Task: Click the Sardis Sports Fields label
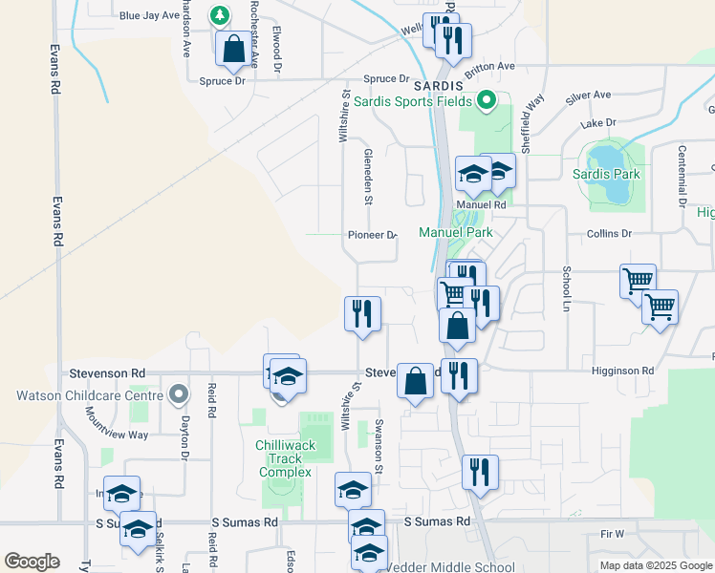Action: point(413,101)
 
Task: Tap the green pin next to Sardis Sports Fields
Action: point(487,99)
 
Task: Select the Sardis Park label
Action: point(606,174)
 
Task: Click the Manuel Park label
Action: point(455,232)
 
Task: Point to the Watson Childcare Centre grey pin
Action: point(178,393)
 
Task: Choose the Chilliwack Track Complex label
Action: point(283,458)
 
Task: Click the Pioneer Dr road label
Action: point(372,235)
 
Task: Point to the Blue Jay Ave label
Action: point(149,15)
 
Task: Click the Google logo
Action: point(32,561)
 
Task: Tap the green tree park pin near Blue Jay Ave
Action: point(220,15)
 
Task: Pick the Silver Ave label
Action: point(588,95)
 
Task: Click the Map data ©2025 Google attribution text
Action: point(655,565)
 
